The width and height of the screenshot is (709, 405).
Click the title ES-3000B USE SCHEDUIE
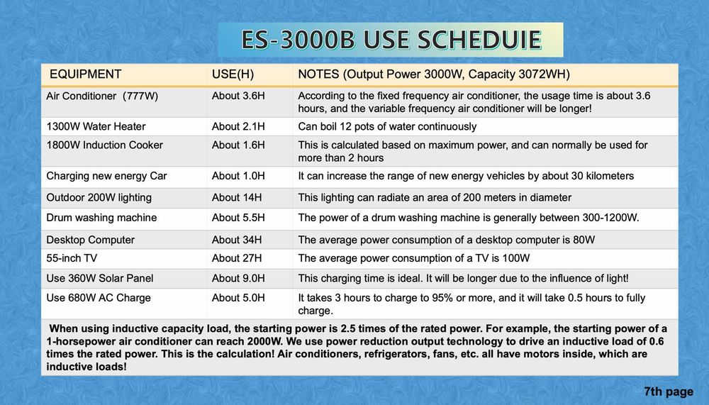pyautogui.click(x=391, y=40)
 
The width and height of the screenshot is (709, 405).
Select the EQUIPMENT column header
pyautogui.click(x=86, y=74)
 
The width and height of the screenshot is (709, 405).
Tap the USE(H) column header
pyautogui.click(x=233, y=74)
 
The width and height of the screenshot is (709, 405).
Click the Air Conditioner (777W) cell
pyautogui.click(x=102, y=96)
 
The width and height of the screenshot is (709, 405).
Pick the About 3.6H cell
pyautogui.click(x=238, y=96)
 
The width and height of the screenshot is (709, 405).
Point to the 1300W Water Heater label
pyautogui.click(x=96, y=127)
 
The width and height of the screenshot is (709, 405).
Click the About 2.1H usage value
pyautogui.click(x=238, y=127)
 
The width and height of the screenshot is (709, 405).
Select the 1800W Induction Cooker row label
pyautogui.click(x=104, y=145)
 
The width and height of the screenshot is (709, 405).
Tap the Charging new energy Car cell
pyautogui.click(x=107, y=176)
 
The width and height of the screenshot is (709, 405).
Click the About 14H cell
pyautogui.click(x=237, y=198)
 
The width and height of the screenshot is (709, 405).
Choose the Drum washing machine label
pyautogui.click(x=101, y=218)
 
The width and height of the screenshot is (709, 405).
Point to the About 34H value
pyautogui.click(x=237, y=240)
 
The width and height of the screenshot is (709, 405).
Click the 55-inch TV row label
pyautogui.click(x=72, y=258)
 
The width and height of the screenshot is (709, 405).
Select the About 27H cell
pyautogui.click(x=237, y=258)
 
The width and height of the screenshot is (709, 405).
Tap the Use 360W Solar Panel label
pyautogui.click(x=99, y=278)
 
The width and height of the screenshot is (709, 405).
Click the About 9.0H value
pyautogui.click(x=238, y=278)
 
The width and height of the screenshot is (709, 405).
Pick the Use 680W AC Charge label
pyautogui.click(x=99, y=298)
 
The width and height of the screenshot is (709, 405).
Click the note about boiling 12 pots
pyautogui.click(x=387, y=127)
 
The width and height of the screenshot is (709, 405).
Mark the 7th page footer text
pyautogui.click(x=669, y=392)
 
